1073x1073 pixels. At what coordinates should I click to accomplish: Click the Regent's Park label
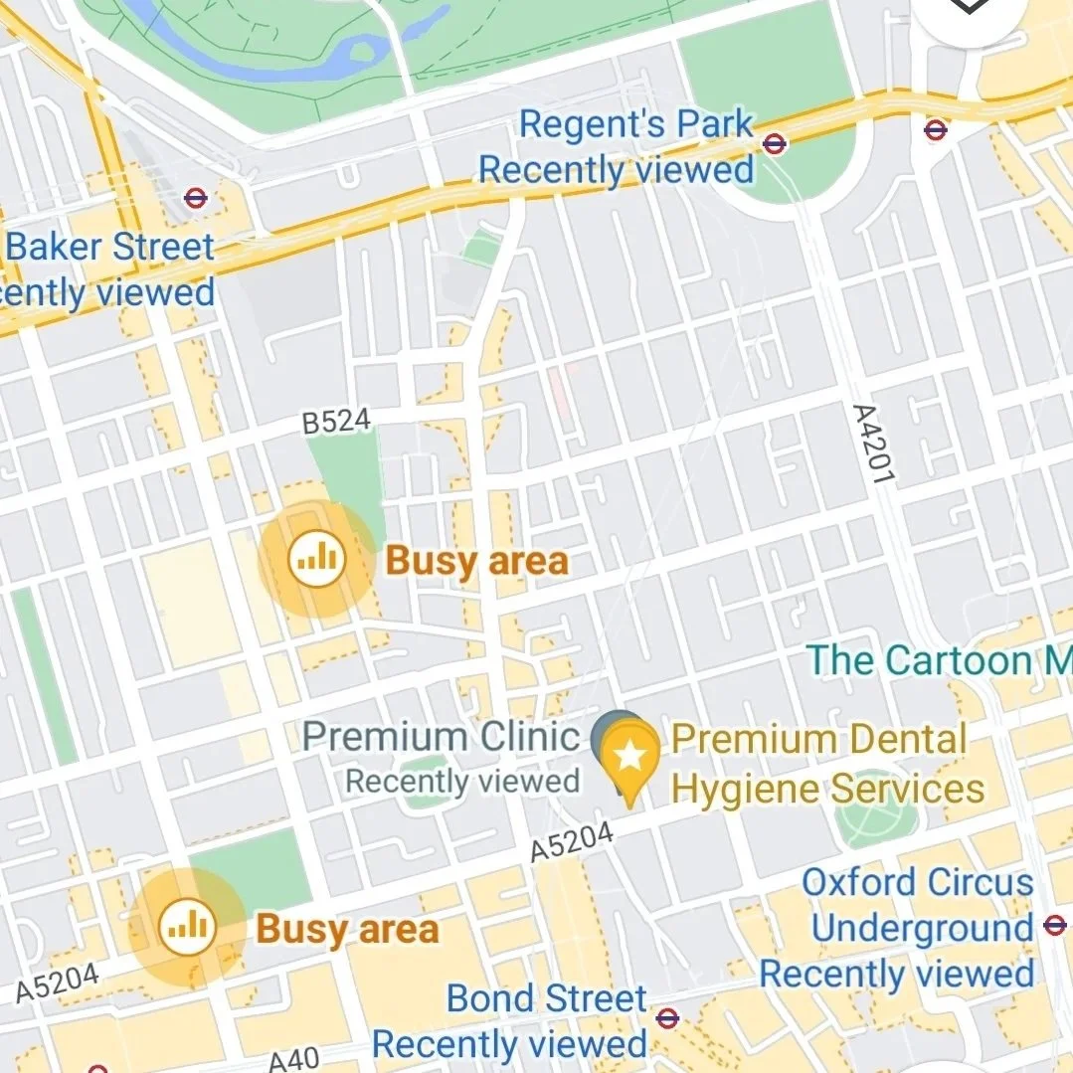pyautogui.click(x=636, y=125)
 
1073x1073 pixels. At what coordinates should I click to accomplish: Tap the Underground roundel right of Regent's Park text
pyautogui.click(x=774, y=144)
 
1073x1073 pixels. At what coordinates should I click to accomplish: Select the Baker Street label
pyautogui.click(x=110, y=248)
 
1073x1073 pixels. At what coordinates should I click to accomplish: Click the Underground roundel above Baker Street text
pyautogui.click(x=196, y=198)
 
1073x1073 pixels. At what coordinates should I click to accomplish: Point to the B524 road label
pyautogui.click(x=336, y=423)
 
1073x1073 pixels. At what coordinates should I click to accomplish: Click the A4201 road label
pyautogui.click(x=872, y=444)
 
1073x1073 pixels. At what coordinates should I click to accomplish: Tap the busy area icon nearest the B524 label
pyautogui.click(x=317, y=560)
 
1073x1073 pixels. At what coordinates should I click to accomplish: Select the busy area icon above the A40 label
pyautogui.click(x=187, y=928)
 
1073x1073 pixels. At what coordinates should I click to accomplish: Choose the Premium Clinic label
pyautogui.click(x=441, y=738)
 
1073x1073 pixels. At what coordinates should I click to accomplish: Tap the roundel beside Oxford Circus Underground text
pyautogui.click(x=1054, y=926)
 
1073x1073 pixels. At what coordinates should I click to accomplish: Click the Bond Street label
pyautogui.click(x=546, y=998)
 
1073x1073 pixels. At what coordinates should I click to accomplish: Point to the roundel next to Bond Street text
pyautogui.click(x=667, y=1017)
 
